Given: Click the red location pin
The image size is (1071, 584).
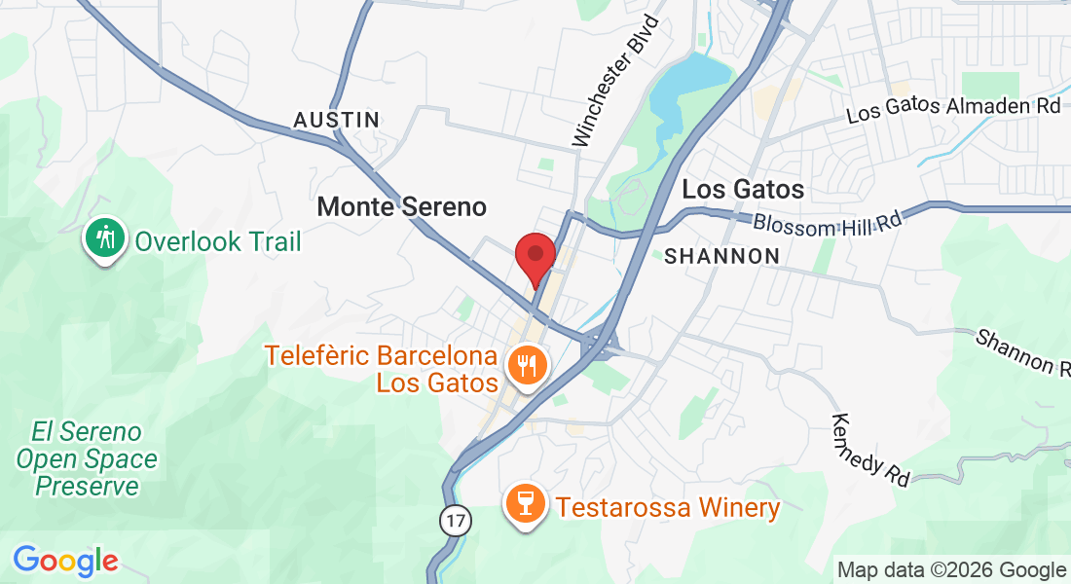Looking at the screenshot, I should pos(535,256).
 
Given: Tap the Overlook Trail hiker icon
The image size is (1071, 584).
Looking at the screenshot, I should pos(105,237).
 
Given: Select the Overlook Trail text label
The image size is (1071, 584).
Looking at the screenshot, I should pos(218,241).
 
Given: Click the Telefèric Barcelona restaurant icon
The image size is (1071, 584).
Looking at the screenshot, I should pos(528,367).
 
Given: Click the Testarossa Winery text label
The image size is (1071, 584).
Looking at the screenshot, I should pos(668,507).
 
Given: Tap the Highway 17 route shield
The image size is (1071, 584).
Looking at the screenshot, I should pos(454,521).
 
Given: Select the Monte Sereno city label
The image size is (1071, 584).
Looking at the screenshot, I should pos(401,206).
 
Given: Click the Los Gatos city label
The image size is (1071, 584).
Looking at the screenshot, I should pos(743,189).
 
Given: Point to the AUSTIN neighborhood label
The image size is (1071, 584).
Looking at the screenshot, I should pos(337,120).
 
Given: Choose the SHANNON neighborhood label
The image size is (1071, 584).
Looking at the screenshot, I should pos(721,256).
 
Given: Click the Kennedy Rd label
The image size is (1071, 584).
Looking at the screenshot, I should pos(870,450).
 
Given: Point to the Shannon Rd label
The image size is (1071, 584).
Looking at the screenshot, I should pos(1022,351).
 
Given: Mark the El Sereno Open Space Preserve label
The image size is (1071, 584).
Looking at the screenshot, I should pos(86,458).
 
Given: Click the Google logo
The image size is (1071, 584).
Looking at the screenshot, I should pos(65,560).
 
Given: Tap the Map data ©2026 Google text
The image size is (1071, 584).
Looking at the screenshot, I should pos(951,569).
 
